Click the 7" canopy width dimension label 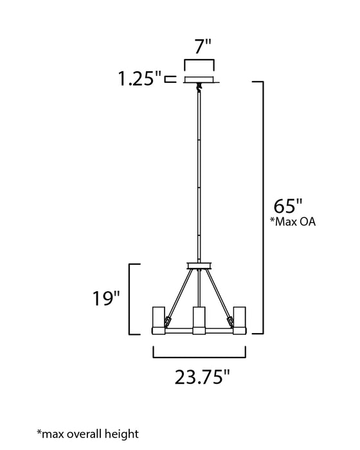(x=203, y=46)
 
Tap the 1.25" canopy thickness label (x=139, y=78)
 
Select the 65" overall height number (x=288, y=206)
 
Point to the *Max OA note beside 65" (x=292, y=222)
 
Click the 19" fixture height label (x=105, y=298)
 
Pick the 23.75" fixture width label (x=203, y=377)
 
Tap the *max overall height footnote (x=88, y=433)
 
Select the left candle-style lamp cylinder (x=159, y=321)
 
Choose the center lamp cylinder (x=199, y=321)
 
